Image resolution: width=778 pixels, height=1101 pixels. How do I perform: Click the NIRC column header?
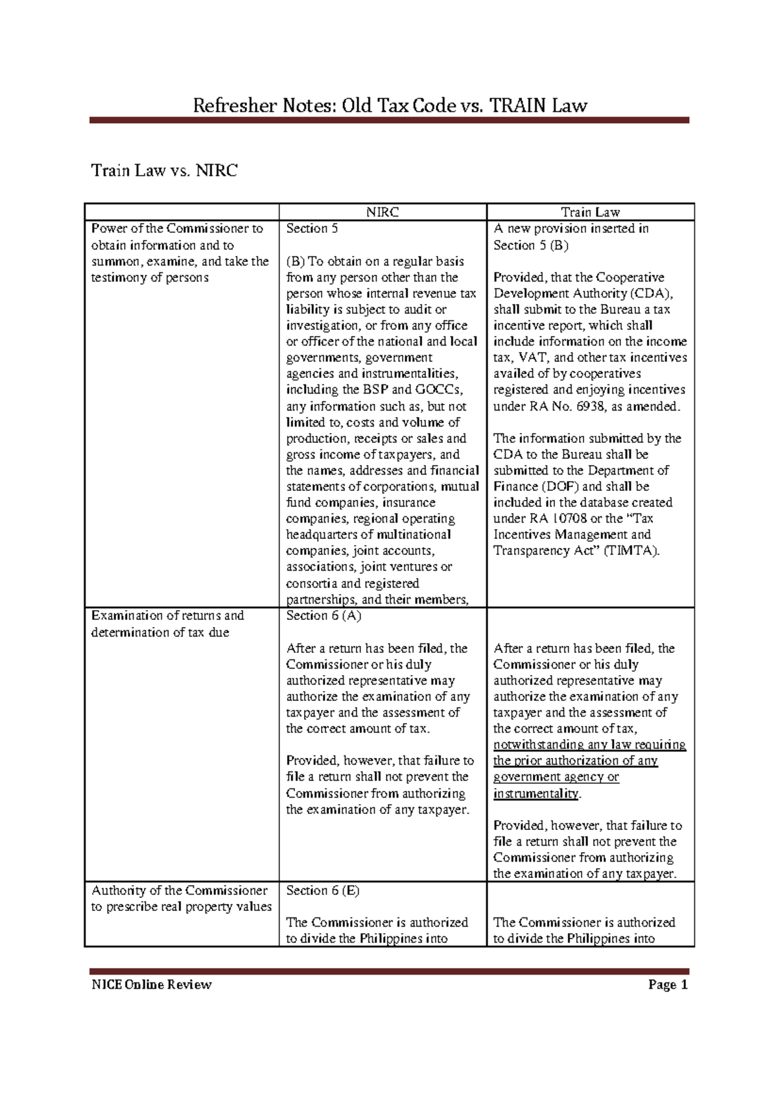click(x=382, y=212)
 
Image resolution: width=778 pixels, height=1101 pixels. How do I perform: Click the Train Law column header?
click(x=590, y=212)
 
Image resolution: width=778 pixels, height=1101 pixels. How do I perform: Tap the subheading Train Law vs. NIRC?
click(x=164, y=171)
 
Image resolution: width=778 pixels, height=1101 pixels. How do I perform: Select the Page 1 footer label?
click(x=667, y=985)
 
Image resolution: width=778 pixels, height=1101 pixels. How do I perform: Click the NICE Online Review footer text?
click(x=151, y=985)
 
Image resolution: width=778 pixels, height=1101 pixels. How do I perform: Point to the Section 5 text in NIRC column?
click(x=312, y=228)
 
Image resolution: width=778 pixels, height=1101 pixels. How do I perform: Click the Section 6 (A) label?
click(x=324, y=615)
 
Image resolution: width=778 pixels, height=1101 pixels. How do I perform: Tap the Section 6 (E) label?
click(x=322, y=890)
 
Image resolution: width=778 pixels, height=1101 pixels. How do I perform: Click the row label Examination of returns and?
click(x=167, y=615)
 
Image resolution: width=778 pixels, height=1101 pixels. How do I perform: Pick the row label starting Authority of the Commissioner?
click(x=179, y=890)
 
